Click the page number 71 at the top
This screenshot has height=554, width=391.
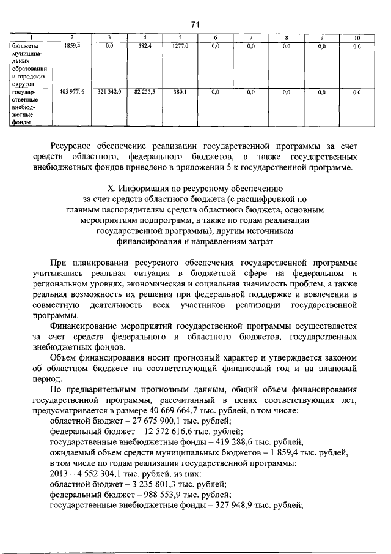pyautogui.click(x=195, y=24)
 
